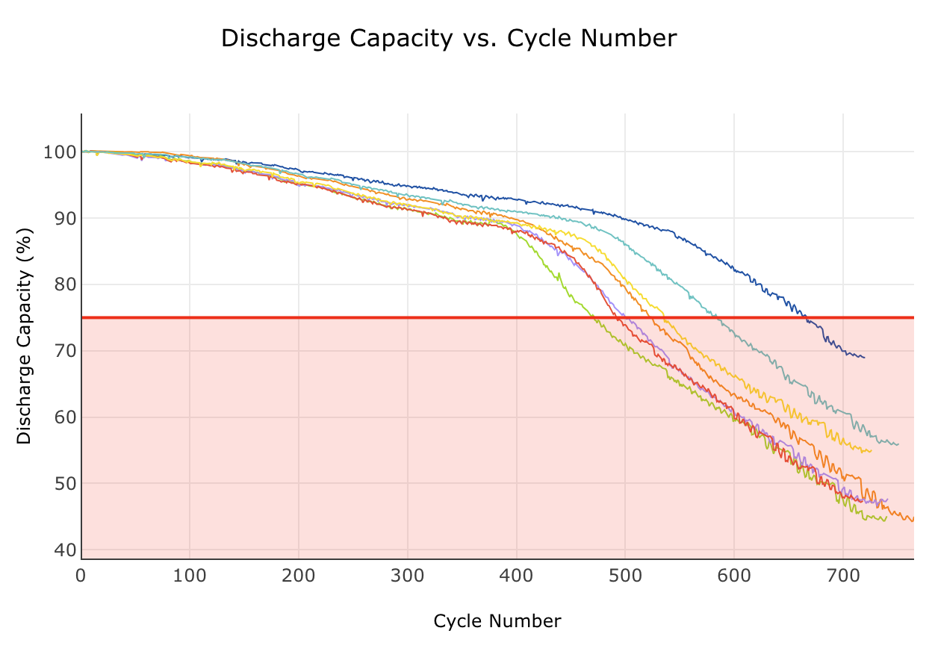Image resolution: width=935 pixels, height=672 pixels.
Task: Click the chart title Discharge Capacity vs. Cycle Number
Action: pos(449,38)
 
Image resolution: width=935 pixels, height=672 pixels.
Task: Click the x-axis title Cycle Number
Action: pos(497,621)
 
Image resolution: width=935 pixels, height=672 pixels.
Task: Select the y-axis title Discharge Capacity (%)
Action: pos(25,336)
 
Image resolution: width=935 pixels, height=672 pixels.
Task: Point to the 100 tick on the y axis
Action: pos(60,152)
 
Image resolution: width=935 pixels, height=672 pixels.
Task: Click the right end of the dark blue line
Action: pos(865,358)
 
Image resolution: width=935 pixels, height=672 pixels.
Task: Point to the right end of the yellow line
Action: pos(872,450)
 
